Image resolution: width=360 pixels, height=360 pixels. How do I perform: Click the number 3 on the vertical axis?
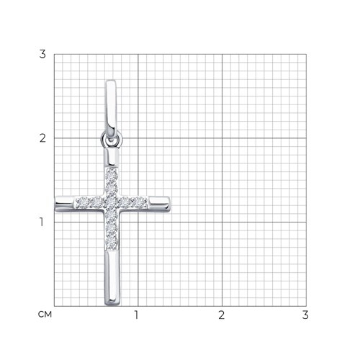click(x=42, y=54)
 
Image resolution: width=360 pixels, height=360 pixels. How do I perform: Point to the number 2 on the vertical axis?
click(x=42, y=138)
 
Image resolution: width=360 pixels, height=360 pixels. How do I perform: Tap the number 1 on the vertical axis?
click(x=42, y=222)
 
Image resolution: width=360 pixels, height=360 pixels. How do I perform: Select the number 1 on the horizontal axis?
click(x=136, y=315)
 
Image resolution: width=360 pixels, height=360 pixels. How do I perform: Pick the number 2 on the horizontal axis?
click(x=221, y=315)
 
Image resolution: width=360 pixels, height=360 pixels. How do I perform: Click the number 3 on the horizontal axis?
click(x=305, y=315)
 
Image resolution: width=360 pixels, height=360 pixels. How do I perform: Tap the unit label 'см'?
click(x=45, y=315)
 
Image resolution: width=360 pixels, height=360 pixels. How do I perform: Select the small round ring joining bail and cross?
click(x=112, y=139)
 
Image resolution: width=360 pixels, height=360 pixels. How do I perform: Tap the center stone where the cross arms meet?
click(x=112, y=203)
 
